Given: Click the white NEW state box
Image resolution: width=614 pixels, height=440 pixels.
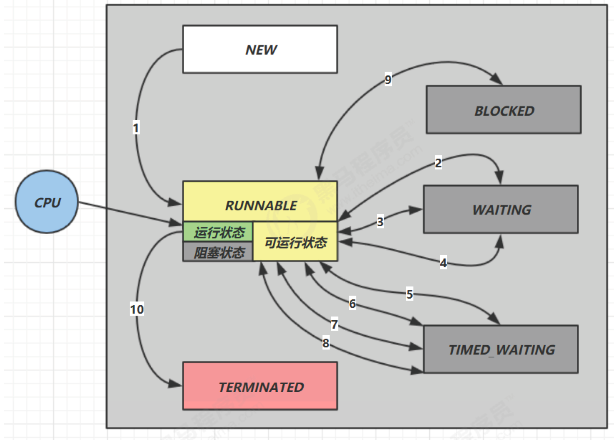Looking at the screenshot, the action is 260,49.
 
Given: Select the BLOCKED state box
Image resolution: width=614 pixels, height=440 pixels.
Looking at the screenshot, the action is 503,110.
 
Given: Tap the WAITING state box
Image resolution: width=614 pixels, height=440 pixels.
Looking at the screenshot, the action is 501,210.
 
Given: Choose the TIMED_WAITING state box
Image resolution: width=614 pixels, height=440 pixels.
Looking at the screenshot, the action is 501,349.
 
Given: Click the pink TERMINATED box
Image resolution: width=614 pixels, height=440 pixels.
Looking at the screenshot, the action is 260,386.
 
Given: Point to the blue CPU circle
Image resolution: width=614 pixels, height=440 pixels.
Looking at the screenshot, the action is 47,202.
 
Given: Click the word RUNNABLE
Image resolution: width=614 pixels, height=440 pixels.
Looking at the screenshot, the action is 261,206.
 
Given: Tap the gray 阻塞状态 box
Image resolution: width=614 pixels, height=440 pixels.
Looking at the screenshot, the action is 218,252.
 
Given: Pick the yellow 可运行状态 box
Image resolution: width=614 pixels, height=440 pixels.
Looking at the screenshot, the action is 295,241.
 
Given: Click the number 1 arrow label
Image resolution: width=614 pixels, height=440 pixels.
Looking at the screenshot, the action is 136,127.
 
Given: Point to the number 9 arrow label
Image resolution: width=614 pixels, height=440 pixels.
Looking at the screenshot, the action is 388,79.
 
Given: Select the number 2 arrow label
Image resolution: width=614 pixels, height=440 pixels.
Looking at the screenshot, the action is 438,163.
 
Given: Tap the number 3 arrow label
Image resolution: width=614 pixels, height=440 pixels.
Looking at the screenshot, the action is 380,222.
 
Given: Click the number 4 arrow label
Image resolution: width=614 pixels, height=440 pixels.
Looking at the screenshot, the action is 443,262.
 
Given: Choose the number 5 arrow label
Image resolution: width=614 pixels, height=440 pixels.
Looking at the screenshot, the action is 410,294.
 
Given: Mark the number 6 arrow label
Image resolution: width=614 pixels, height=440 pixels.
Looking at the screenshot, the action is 353,303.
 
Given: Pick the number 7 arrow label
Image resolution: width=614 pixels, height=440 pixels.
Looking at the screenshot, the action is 334,324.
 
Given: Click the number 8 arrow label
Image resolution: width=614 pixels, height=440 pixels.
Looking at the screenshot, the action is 326,343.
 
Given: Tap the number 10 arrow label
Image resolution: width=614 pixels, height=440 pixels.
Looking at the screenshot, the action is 137,309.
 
